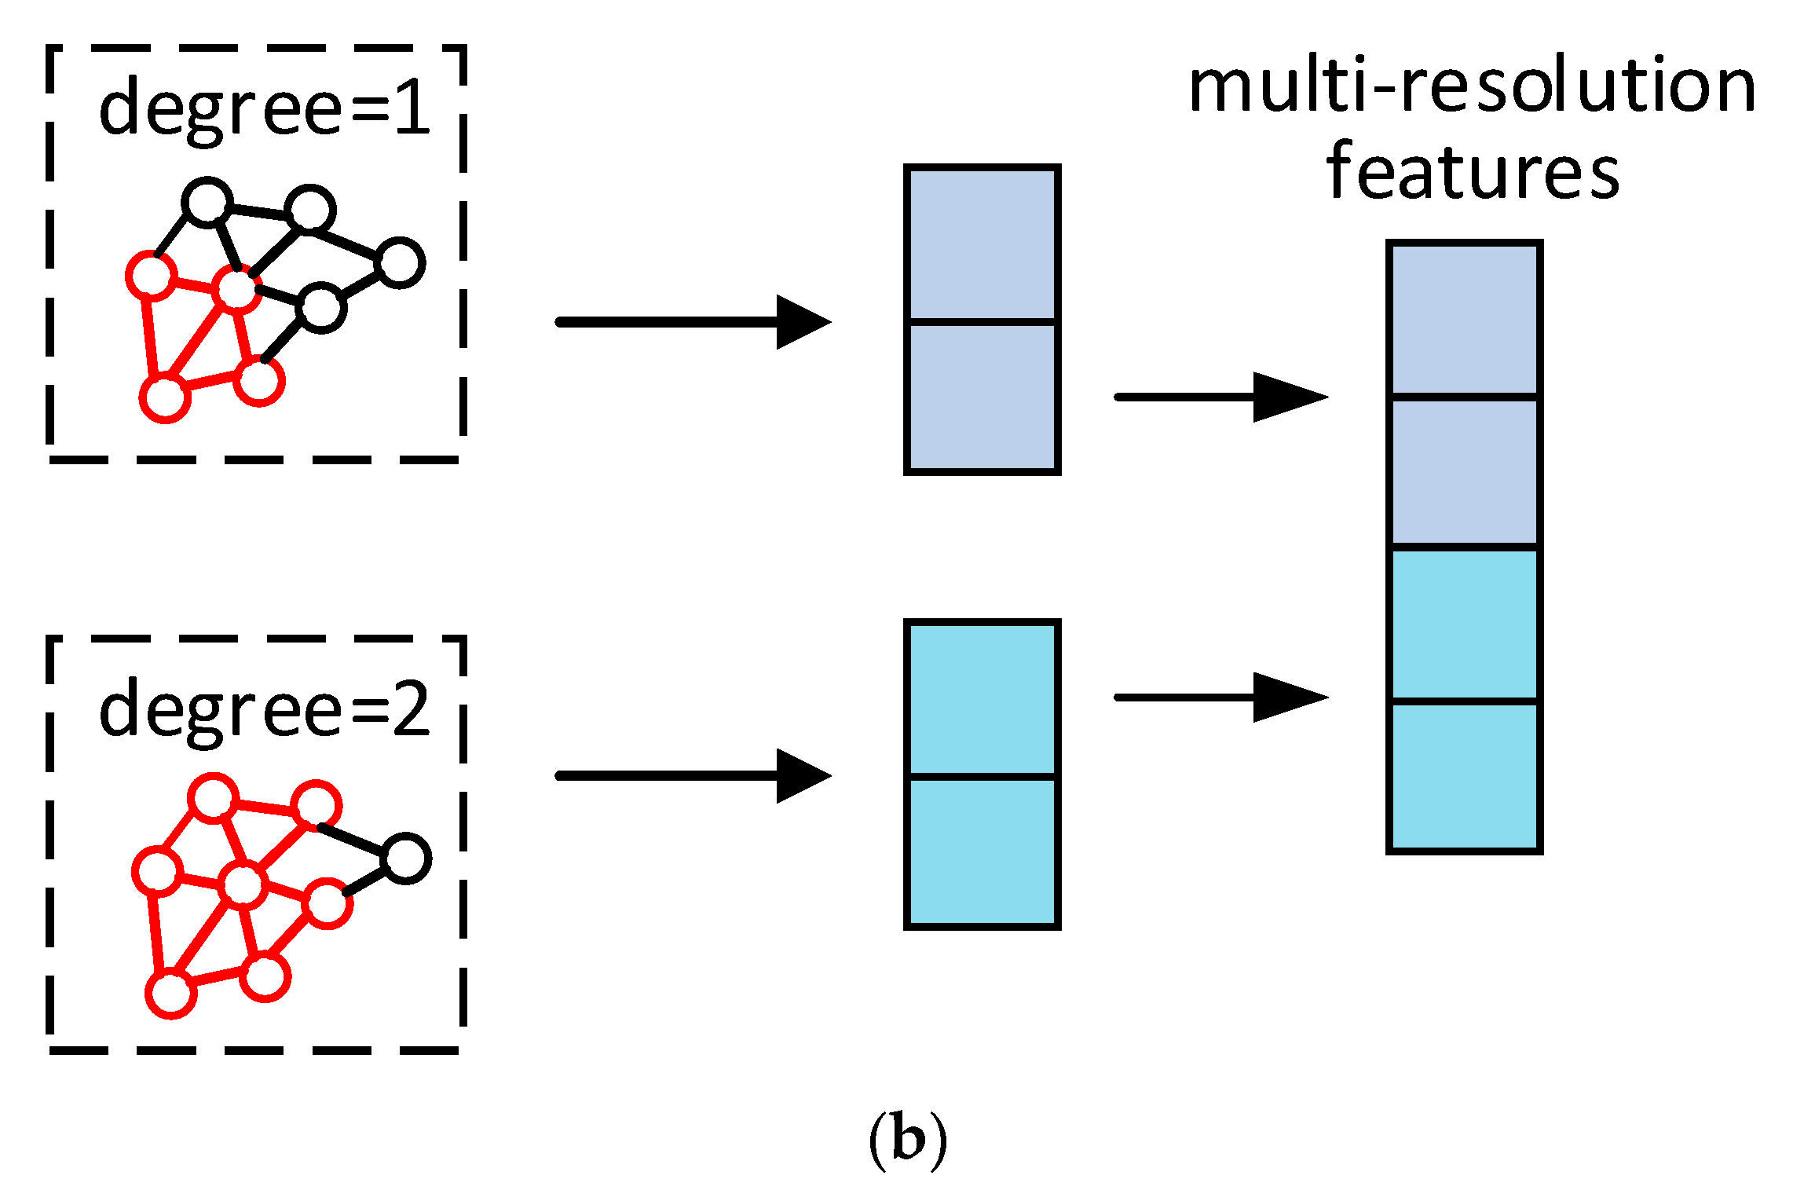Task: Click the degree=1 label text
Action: (x=265, y=111)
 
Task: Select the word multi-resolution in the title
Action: (x=1471, y=86)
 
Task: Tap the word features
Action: (x=1472, y=171)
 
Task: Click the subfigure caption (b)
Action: (x=908, y=1140)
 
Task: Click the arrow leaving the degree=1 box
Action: (x=691, y=322)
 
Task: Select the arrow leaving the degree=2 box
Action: (x=691, y=776)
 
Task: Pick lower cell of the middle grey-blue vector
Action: (x=982, y=397)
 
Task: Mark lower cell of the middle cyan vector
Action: (x=982, y=851)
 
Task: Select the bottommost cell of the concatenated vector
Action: (x=1464, y=776)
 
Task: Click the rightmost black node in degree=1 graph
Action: (x=401, y=262)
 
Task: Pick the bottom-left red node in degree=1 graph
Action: (x=165, y=397)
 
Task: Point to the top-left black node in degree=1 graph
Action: (x=207, y=203)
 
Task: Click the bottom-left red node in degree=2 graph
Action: (x=171, y=994)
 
